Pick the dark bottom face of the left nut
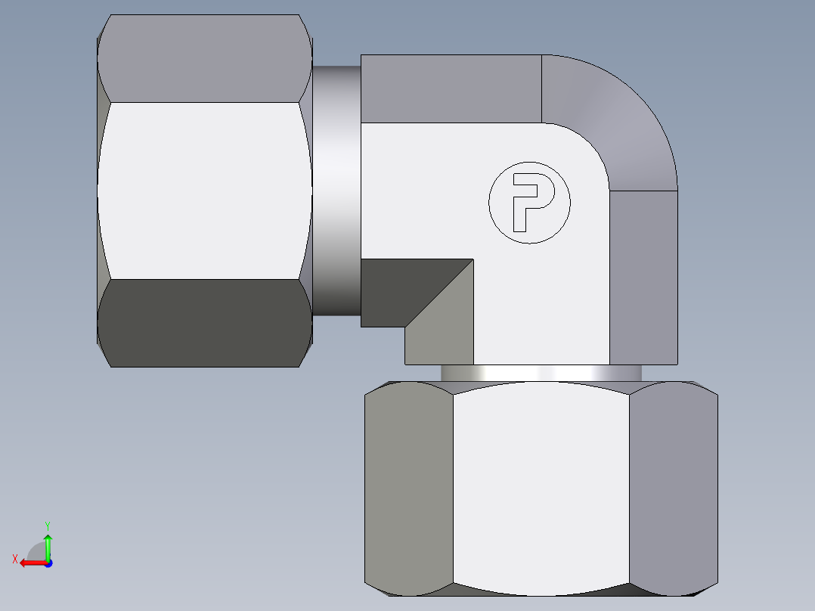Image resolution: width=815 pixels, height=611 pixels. (204, 324)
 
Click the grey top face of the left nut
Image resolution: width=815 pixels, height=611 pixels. (204, 59)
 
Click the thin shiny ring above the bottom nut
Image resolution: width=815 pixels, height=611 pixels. (541, 373)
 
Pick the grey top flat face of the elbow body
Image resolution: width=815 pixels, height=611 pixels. (451, 88)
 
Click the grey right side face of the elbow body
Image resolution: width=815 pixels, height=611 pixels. (643, 276)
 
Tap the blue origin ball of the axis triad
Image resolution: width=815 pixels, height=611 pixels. (48, 563)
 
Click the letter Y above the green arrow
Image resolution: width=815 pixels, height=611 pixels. (47, 525)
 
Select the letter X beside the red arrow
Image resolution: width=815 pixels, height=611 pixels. (15, 559)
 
